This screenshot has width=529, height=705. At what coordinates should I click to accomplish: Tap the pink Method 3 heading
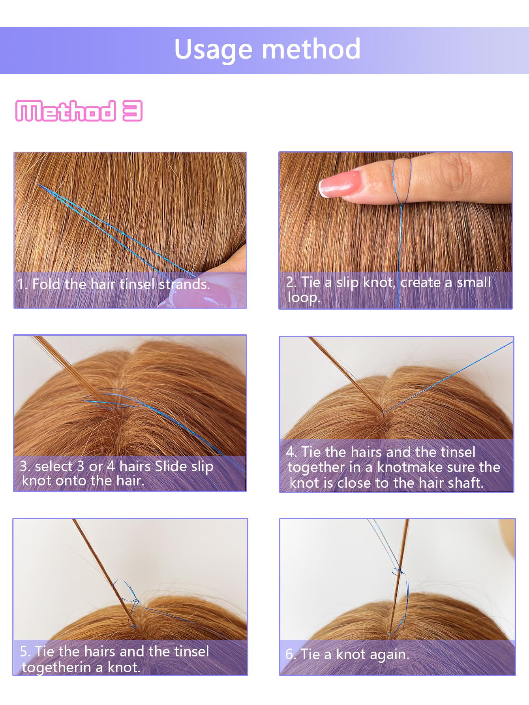point(79,111)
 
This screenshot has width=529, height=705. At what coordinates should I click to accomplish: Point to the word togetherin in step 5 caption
point(57,667)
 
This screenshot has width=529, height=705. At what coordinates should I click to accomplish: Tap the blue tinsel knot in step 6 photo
point(396,571)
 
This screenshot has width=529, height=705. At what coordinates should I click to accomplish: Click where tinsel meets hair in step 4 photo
point(382,413)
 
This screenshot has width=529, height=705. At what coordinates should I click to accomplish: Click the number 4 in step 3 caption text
point(111,466)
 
